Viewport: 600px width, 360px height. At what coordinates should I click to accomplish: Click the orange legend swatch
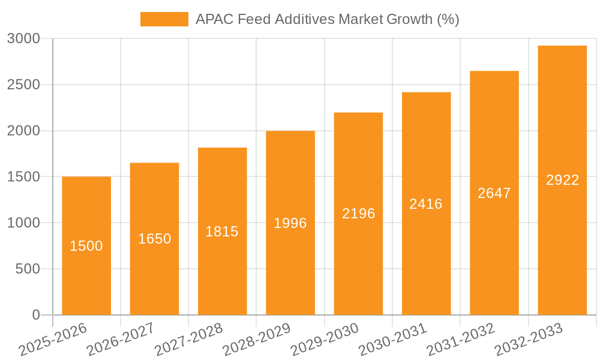point(164,19)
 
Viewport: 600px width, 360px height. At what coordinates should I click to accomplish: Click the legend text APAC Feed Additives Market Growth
point(327,19)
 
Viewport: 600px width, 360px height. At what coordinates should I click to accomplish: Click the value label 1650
point(155,239)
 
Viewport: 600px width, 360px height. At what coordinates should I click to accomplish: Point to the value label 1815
point(222,232)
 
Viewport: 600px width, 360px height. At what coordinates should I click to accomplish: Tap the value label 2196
point(358,214)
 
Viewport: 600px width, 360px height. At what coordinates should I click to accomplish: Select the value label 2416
point(426,204)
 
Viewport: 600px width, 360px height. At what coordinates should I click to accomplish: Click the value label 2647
point(494,193)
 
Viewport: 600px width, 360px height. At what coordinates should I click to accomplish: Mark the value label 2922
point(562,180)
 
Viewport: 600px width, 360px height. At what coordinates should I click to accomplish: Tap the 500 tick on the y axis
point(29,269)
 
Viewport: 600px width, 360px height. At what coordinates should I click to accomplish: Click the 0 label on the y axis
point(35,315)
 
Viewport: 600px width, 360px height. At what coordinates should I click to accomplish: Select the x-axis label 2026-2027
point(121,339)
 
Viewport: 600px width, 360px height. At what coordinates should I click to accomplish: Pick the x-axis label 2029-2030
point(325,339)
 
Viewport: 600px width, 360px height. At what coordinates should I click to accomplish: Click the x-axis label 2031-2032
point(461,339)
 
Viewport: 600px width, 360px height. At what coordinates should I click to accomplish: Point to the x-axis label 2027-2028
point(188,339)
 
